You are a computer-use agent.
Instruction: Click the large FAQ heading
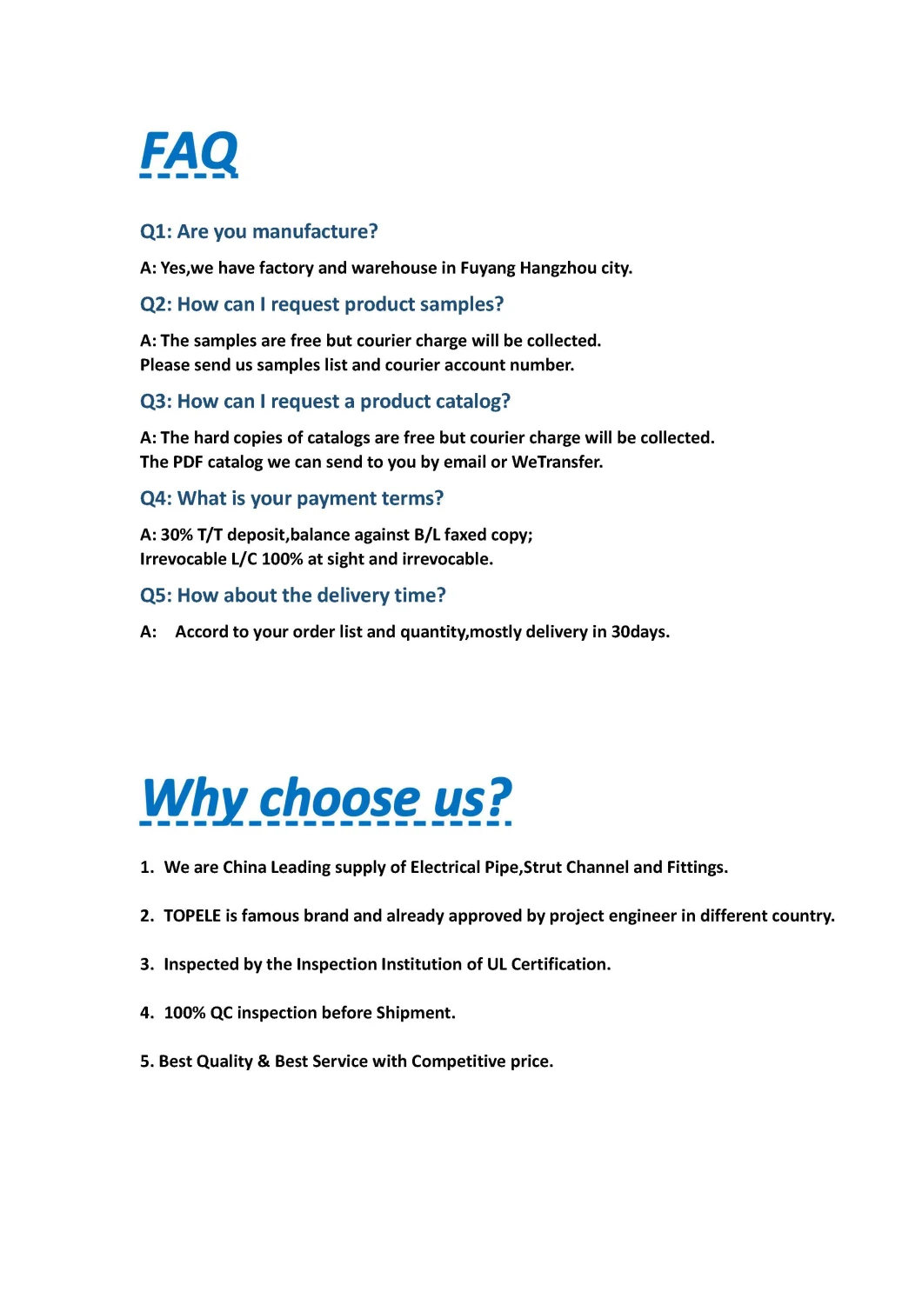(189, 152)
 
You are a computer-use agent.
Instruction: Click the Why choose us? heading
(327, 798)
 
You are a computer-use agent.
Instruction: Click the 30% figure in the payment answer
(177, 535)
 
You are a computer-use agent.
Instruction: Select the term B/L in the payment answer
(427, 535)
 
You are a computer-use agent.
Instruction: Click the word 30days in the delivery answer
(639, 632)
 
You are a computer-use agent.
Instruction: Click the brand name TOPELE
(192, 915)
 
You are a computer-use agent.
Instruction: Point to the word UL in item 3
(497, 964)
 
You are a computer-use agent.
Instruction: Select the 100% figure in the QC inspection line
(184, 1013)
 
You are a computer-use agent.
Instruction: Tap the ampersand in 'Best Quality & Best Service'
(264, 1062)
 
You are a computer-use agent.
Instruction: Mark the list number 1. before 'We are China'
(147, 867)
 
